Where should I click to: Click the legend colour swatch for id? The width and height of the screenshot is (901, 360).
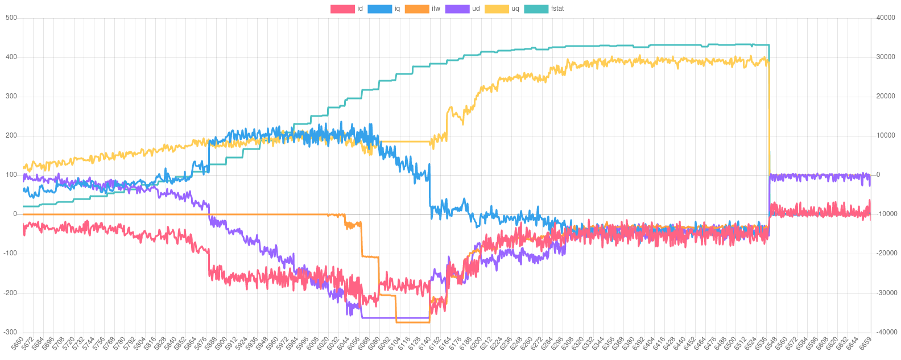[x=342, y=9]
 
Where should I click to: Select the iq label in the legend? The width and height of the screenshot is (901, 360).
[x=397, y=9]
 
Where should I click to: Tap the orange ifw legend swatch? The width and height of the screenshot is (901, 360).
[x=416, y=9]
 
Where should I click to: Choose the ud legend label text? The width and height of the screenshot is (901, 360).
[x=476, y=9]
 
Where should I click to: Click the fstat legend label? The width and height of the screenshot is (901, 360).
[x=557, y=9]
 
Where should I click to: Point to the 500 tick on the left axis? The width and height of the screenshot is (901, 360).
[x=11, y=18]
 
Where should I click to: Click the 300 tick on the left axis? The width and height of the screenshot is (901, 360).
[x=11, y=96]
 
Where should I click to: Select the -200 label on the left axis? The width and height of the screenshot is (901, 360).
[x=10, y=292]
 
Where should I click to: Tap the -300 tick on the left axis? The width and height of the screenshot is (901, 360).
[x=10, y=332]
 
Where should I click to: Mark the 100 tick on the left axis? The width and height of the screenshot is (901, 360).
[x=11, y=175]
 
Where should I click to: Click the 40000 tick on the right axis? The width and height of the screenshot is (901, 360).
[x=886, y=18]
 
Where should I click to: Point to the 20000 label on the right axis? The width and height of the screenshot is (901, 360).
[x=886, y=96]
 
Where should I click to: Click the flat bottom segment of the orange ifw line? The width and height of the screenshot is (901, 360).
[x=413, y=322]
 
